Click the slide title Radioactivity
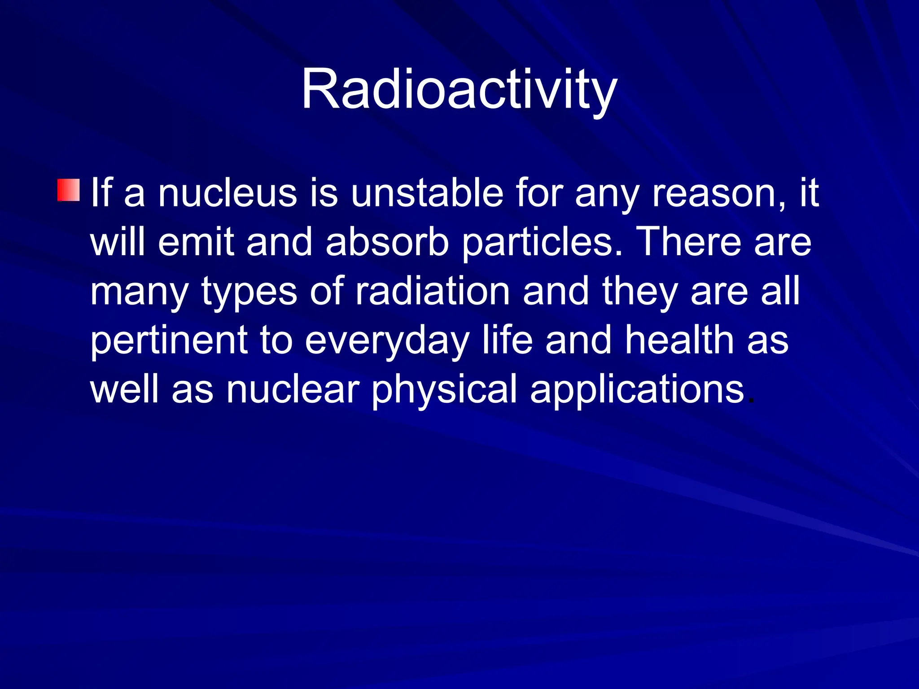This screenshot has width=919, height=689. pos(459,90)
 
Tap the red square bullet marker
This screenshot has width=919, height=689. pos(69,190)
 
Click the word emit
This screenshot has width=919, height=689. pos(196,242)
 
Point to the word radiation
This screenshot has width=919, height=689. pos(433,292)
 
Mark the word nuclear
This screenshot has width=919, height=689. pos(293,389)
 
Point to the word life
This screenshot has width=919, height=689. pos(508,340)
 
